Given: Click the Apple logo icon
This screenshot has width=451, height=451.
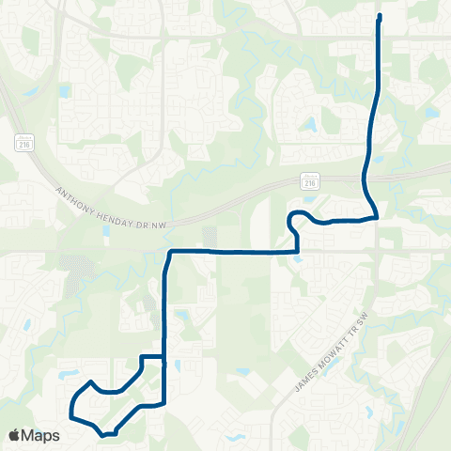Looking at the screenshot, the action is pos(15,435).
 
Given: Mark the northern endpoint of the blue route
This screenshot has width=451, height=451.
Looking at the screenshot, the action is pos(380,16).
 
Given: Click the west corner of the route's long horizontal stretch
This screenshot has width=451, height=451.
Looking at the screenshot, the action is pos(169,252).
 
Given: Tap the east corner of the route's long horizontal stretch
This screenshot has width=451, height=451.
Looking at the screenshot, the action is pos(297,252).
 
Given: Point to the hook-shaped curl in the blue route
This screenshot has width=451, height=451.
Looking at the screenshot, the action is pos(293,219).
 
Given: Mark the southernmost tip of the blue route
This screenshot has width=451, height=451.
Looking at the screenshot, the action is pos(103,435).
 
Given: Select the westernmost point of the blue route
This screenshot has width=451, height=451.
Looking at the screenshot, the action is pos(70,406).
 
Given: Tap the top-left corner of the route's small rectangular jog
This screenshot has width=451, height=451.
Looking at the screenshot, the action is pos(142,357).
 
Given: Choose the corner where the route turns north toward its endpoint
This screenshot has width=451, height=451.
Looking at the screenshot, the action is pos(376,216).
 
